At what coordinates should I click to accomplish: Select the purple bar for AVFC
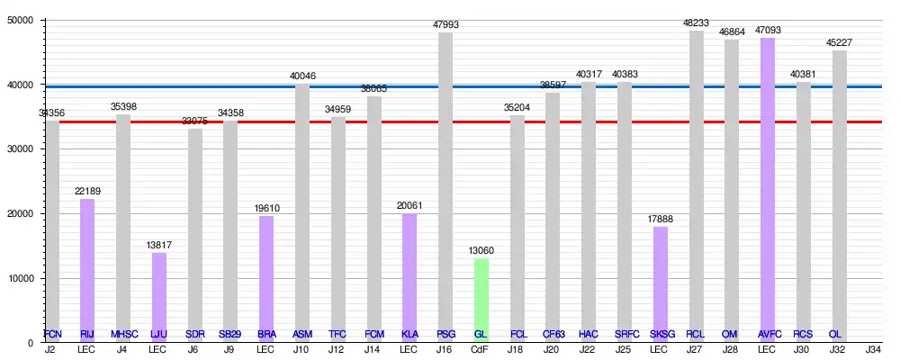click(767, 189)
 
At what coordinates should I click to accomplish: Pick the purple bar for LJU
click(159, 297)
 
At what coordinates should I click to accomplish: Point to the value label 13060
click(481, 251)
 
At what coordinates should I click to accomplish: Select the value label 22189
click(87, 192)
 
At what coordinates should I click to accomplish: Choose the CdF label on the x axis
click(481, 349)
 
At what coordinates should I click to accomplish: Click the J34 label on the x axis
click(873, 349)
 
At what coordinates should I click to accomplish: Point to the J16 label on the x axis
click(445, 349)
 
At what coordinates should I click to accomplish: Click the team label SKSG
click(660, 335)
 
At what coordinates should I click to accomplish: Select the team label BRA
click(266, 335)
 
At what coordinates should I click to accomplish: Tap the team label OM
click(731, 335)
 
